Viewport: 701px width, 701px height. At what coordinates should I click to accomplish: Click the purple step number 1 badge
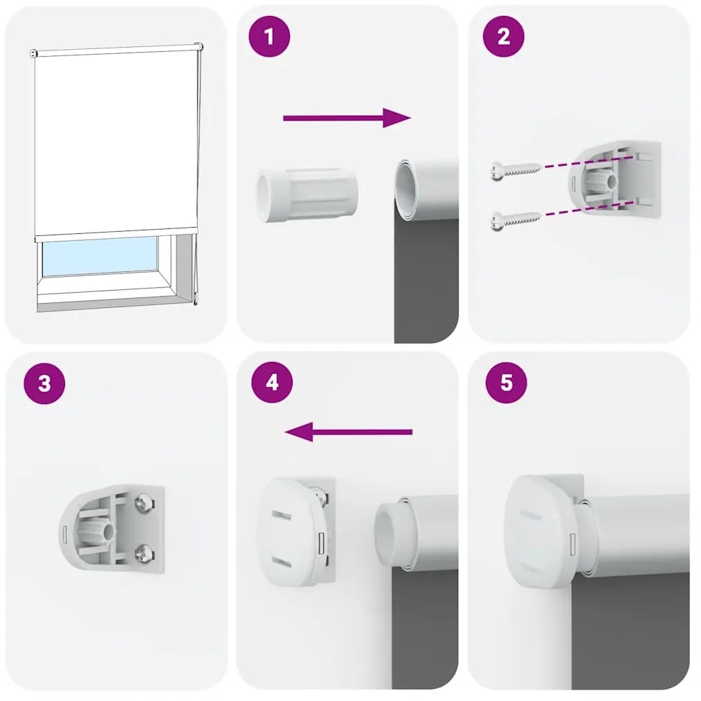(x=269, y=37)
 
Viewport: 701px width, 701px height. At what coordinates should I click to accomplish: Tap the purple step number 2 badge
(x=503, y=37)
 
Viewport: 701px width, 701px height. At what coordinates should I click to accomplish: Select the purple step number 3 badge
(x=44, y=383)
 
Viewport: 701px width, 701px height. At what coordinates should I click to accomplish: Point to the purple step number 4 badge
(x=272, y=383)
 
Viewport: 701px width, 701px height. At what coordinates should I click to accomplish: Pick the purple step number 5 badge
(x=506, y=383)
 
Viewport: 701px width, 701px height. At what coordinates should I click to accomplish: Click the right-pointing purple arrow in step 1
(x=347, y=118)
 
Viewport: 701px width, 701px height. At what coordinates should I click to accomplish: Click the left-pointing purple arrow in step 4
(x=349, y=433)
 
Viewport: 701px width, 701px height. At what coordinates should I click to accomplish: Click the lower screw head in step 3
(x=144, y=552)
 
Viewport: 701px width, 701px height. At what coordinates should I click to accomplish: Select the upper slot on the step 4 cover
(x=282, y=516)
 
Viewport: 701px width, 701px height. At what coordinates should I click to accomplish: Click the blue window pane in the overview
(x=100, y=257)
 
